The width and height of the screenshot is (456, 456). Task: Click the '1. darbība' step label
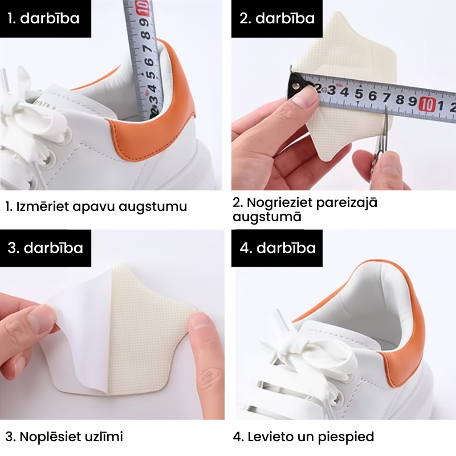[43, 18]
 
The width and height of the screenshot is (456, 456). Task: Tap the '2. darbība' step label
[277, 18]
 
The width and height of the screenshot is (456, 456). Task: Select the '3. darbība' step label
[46, 248]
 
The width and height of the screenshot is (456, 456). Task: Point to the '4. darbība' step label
[278, 248]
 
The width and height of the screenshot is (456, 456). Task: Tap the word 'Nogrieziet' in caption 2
[280, 202]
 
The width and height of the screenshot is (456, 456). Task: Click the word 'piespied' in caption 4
[346, 437]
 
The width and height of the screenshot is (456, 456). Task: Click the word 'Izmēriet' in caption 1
[42, 206]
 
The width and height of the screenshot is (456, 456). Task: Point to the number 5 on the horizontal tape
[359, 94]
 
